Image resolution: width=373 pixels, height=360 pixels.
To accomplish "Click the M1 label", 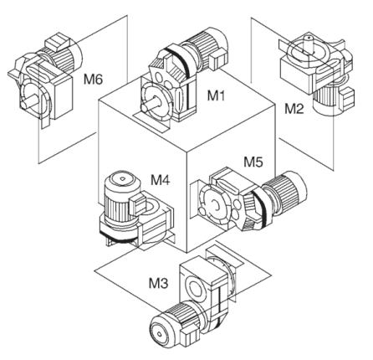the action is (216, 95).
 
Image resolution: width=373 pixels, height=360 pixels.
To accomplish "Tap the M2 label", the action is (294, 109).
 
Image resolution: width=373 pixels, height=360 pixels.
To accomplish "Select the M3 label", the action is (158, 284).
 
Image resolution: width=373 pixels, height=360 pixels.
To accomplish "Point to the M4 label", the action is (160, 180).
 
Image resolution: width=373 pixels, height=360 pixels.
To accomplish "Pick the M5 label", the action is (253, 162).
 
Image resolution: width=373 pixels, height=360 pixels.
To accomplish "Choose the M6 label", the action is (93, 80).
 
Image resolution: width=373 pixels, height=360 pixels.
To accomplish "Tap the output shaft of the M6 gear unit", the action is (29, 103).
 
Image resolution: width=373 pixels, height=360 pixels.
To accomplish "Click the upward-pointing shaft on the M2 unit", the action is (309, 44).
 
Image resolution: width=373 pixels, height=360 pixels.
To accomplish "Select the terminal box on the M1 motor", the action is (218, 59).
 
